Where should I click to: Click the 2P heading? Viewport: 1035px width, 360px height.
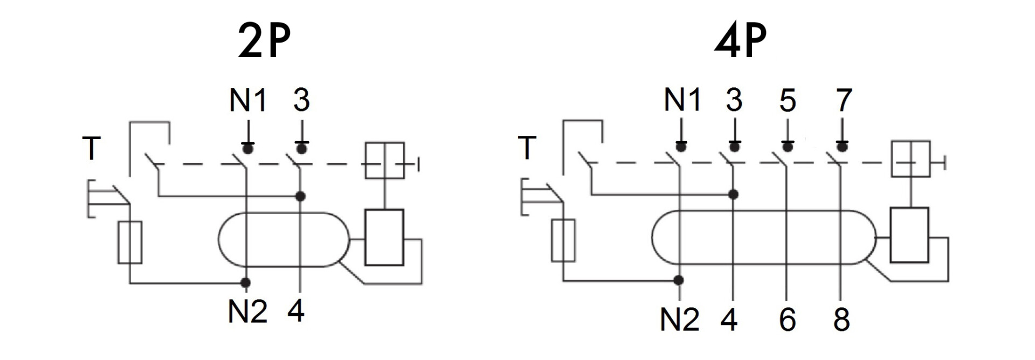click(264, 41)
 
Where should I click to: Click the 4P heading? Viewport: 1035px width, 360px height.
click(740, 41)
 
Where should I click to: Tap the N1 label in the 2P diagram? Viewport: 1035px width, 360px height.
click(248, 100)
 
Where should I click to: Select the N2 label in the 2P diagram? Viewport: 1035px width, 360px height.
click(247, 311)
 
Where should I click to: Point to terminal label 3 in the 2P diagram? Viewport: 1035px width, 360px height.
click(301, 100)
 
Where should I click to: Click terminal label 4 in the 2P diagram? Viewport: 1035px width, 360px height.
click(296, 311)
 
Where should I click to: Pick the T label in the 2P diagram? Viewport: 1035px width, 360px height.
click(92, 148)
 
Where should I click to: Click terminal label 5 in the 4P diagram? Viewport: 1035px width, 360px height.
click(788, 100)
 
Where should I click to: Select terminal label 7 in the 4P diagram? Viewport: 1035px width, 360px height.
click(843, 100)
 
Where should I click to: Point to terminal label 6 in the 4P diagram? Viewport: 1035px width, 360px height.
click(788, 320)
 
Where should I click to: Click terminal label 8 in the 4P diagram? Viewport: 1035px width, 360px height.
click(841, 320)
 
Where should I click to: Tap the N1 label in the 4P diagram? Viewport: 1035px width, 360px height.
click(682, 100)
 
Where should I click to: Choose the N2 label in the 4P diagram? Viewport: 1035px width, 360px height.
click(680, 320)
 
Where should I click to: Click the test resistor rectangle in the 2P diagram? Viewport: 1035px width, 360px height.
click(130, 242)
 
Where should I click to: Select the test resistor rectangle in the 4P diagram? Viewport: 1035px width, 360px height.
click(563, 240)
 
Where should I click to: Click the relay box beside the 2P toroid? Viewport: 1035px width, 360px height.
click(384, 237)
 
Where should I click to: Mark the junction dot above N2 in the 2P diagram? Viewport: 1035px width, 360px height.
click(246, 282)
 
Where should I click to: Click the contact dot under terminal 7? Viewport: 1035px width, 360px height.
click(842, 147)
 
